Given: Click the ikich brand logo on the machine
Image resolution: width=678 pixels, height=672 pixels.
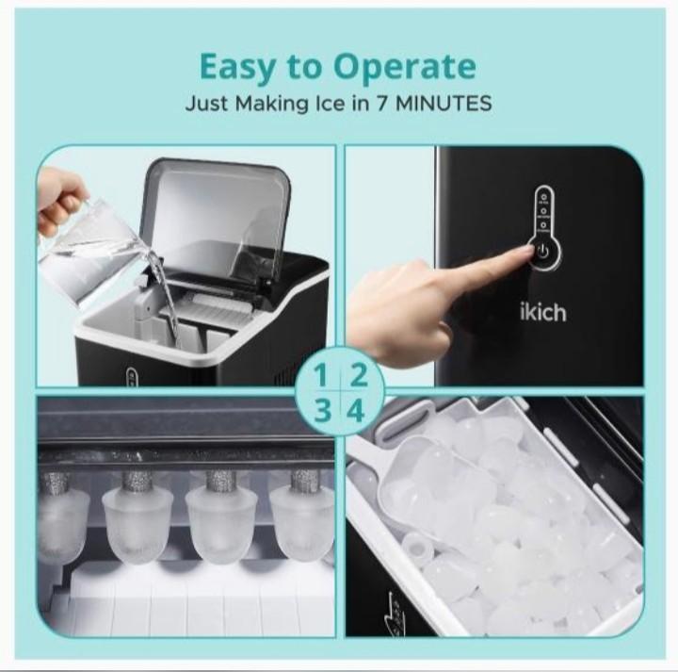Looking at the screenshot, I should [544, 311].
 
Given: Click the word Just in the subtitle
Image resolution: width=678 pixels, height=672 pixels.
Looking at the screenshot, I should [205, 104].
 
